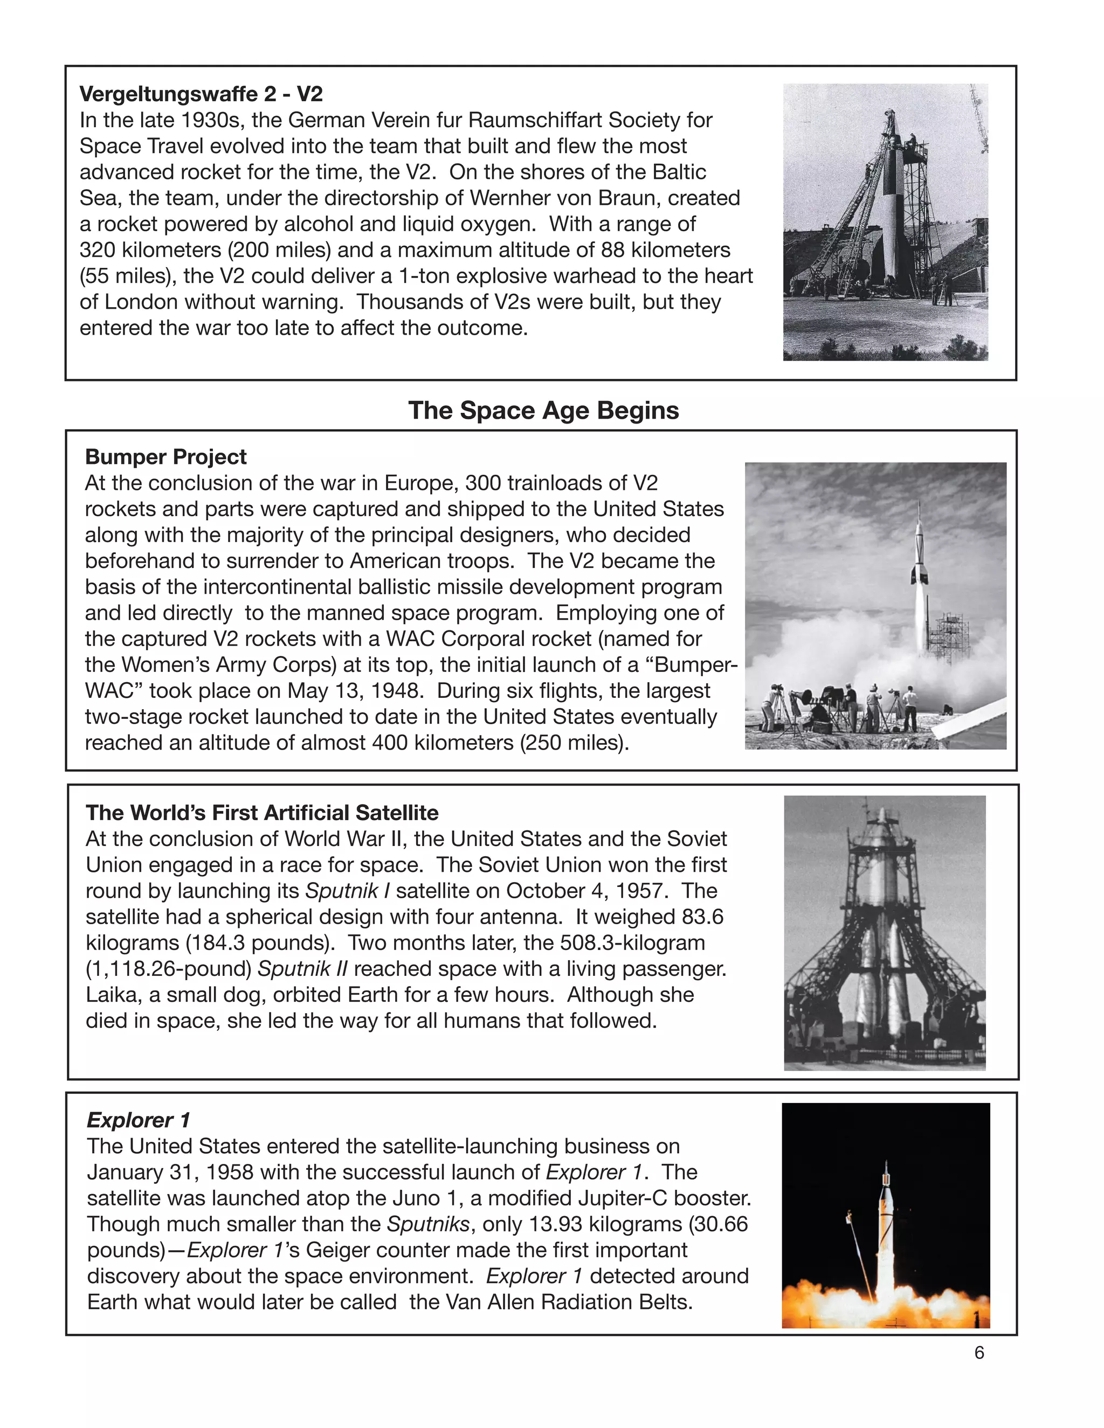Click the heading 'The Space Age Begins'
point(543,411)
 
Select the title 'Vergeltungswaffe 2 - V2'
point(201,94)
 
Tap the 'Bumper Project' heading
point(165,456)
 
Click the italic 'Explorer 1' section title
point(138,1120)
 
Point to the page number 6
point(979,1353)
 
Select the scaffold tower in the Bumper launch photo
point(950,634)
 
